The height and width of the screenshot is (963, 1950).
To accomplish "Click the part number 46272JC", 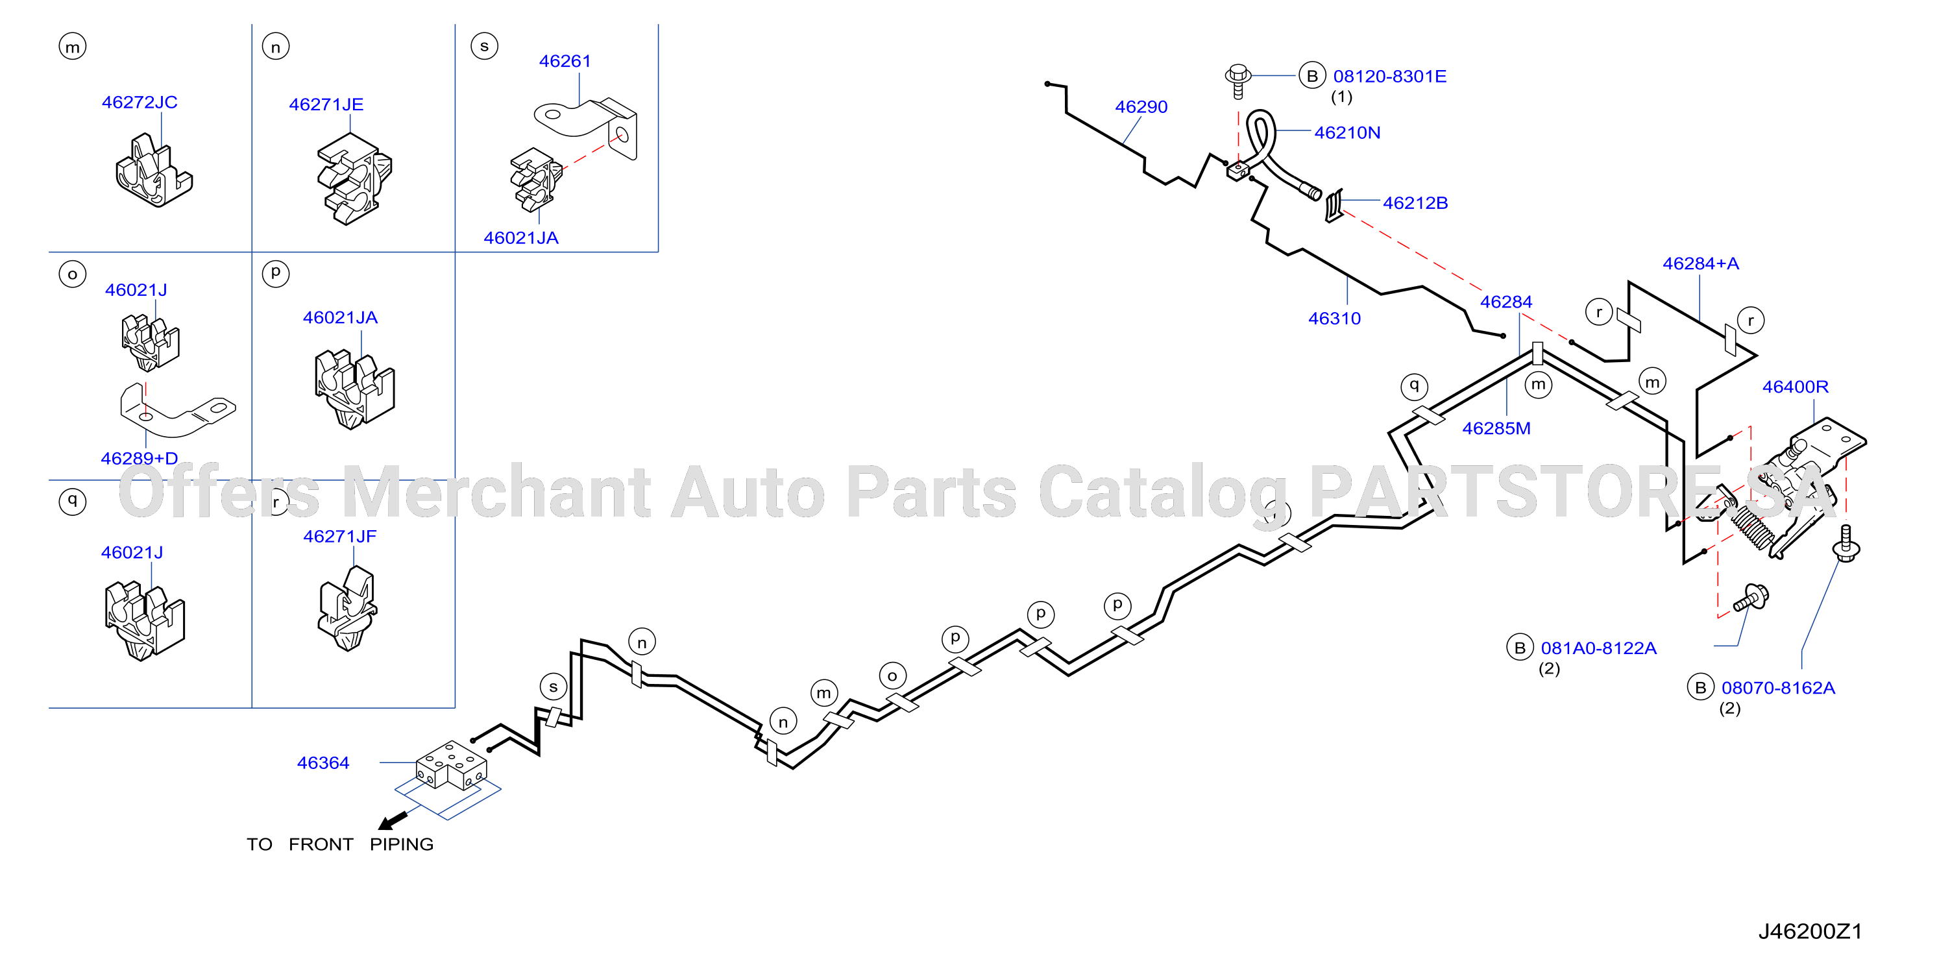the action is pos(140,103).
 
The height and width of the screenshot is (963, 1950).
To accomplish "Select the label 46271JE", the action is pos(326,104).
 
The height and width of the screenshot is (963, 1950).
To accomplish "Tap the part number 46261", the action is pos(565,61).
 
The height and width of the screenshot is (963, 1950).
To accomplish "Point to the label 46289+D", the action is pos(140,458).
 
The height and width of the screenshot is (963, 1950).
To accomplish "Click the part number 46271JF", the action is pos(340,536).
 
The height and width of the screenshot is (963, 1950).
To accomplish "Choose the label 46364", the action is pos(323,762).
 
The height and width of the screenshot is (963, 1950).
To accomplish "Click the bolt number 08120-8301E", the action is pos(1390,77).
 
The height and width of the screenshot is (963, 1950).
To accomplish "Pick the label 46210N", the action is pos(1347,132).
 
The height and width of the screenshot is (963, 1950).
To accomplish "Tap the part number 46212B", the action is pos(1415,203).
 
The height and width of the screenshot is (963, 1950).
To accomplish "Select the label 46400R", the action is pos(1796,387).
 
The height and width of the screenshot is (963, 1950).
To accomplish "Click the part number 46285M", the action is pos(1496,428).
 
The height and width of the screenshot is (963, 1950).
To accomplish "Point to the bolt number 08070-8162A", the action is pos(1778,688).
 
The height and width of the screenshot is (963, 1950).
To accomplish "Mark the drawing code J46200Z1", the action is pos(1810,931).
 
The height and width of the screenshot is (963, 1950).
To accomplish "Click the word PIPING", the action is pos(402,844).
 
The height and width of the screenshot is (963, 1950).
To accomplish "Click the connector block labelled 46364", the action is pos(451,764).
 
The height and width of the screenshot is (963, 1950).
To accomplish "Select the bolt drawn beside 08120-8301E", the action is pos(1237,81).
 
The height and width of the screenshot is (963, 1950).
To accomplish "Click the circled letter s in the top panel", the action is pos(485,46).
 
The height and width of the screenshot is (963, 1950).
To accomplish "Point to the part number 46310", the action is pos(1335,319).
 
